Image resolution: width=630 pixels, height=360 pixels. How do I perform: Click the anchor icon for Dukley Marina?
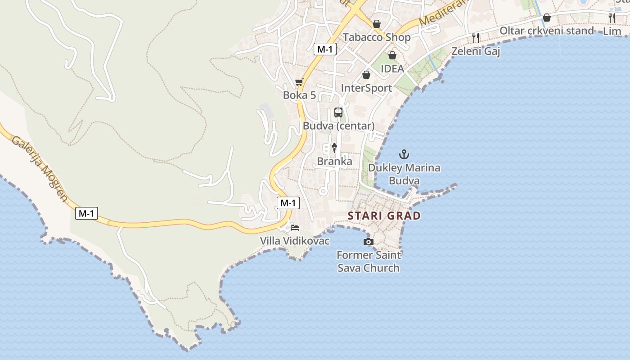pos(405,155)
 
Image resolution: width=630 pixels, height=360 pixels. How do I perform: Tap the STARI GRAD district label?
pos(384,216)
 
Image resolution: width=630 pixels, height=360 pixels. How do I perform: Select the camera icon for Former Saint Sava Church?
pos(369,242)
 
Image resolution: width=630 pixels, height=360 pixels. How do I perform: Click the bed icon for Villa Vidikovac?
pos(295,227)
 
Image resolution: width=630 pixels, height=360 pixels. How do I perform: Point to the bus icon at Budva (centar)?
pos(338,112)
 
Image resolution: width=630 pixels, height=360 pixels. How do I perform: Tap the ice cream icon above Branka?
pos(334,148)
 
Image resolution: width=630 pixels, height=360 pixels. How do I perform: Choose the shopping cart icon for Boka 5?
pos(299,82)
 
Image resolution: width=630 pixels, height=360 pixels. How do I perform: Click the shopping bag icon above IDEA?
pos(392,55)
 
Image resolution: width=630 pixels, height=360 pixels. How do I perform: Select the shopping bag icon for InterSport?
pos(366,75)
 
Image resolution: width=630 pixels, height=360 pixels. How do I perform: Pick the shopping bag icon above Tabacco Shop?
pos(377,24)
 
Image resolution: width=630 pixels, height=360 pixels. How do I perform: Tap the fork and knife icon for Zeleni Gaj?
pos(476,37)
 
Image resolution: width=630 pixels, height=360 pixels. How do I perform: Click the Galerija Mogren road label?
pos(40,168)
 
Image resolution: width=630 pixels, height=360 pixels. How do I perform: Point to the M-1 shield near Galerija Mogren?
pos(86,213)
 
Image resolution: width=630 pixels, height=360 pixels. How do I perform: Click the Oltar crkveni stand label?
pos(547,31)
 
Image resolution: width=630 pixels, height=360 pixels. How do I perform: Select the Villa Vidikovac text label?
pos(295,241)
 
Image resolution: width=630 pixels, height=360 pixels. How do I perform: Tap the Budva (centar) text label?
pos(338,126)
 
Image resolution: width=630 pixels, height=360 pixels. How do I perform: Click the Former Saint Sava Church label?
pos(369,261)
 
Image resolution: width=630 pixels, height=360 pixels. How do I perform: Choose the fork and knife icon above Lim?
pos(612,18)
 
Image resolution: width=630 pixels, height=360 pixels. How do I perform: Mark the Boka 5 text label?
pos(299,95)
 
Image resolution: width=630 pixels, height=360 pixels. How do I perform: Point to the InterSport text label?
pos(366,88)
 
